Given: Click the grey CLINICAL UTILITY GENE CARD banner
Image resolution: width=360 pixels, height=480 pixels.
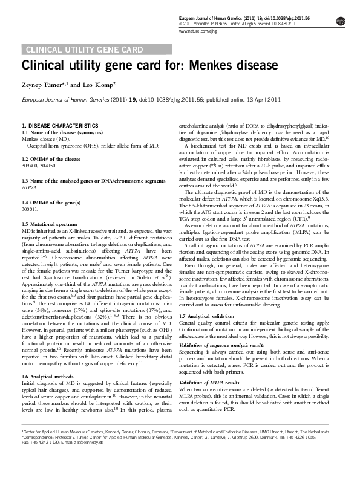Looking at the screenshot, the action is click(x=83, y=50).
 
